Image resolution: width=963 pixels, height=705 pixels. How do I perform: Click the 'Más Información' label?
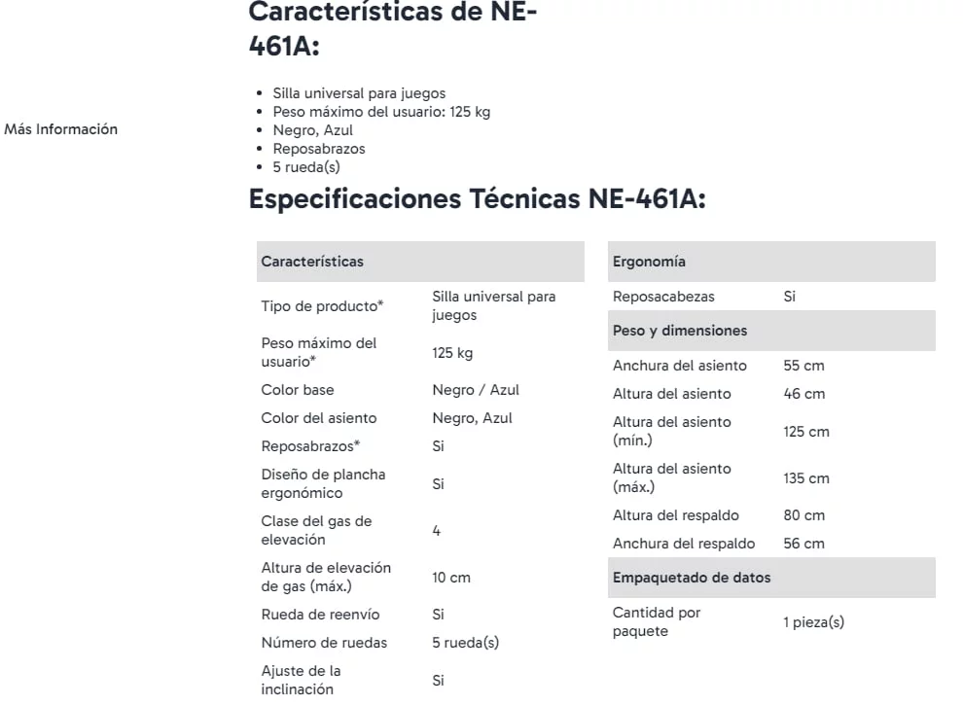[61, 129]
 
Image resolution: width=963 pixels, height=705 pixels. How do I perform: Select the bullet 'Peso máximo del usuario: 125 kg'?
[381, 112]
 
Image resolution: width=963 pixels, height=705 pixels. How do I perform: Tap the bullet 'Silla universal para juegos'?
[359, 93]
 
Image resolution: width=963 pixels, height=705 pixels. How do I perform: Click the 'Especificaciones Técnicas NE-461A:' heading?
[477, 198]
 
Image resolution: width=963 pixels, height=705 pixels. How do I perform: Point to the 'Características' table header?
[312, 262]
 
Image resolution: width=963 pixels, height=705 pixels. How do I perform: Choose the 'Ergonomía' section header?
[649, 262]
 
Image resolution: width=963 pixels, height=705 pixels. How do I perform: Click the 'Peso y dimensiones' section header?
[680, 331]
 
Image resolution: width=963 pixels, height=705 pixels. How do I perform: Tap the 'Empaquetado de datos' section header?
[692, 578]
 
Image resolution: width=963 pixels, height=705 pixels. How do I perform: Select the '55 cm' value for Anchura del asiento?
[803, 366]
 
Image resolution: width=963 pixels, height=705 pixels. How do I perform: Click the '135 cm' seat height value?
[806, 478]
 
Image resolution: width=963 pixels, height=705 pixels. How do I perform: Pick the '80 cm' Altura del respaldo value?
[803, 515]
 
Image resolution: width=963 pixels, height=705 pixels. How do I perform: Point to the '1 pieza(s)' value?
[813, 622]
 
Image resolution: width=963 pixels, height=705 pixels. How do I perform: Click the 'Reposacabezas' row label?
[663, 297]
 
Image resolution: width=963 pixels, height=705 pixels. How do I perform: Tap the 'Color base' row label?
[298, 390]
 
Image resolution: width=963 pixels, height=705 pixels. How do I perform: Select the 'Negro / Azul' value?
[476, 390]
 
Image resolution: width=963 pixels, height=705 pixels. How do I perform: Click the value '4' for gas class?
[437, 531]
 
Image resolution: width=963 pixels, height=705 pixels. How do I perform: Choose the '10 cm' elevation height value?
[451, 578]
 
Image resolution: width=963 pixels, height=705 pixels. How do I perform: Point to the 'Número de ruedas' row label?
[324, 643]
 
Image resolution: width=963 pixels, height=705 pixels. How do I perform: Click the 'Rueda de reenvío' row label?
[320, 615]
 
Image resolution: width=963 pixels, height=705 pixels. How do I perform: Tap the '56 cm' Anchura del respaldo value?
[803, 544]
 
